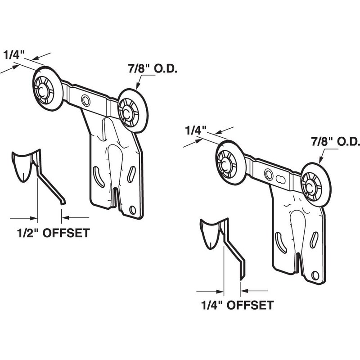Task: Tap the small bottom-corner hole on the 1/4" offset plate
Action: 314,275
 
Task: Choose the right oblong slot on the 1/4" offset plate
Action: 315,239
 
